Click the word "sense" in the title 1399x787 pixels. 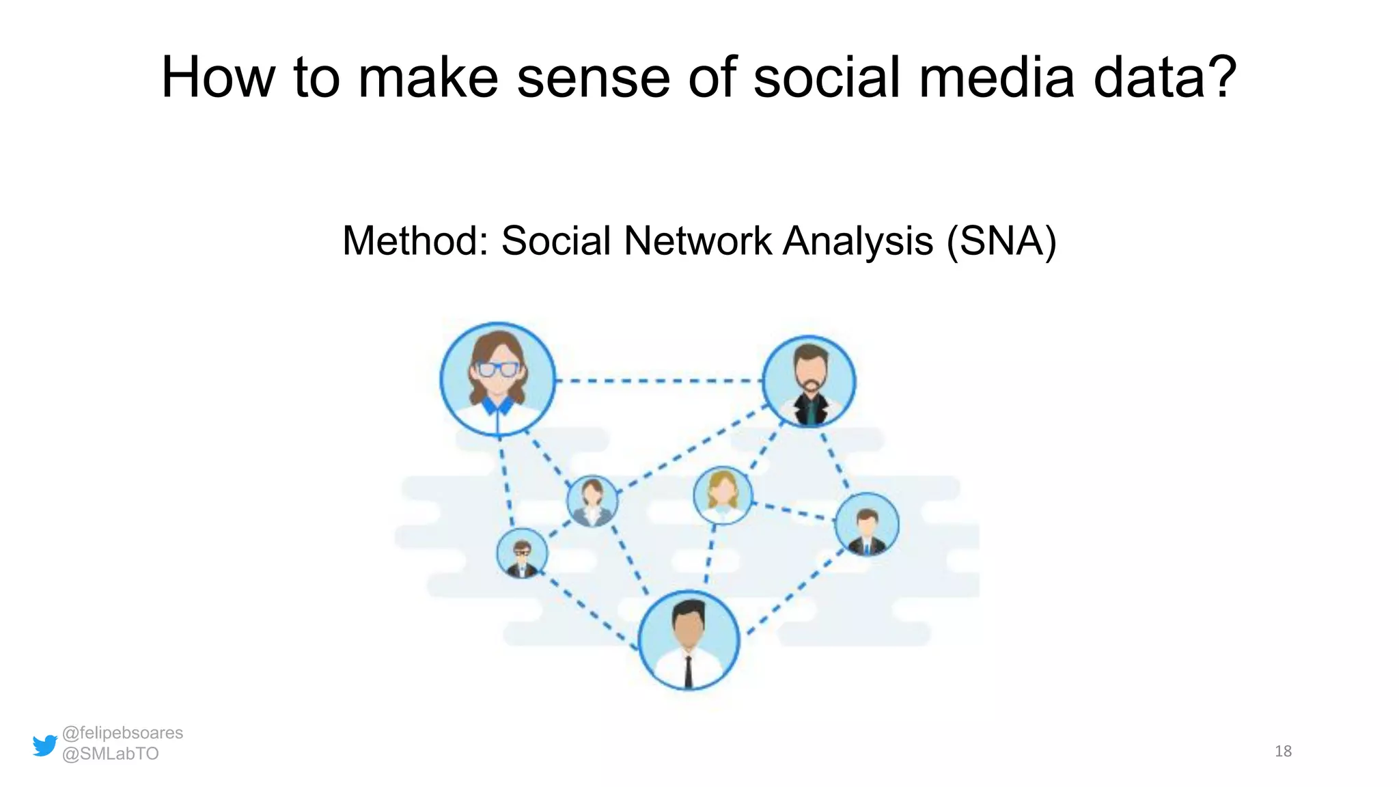(x=593, y=78)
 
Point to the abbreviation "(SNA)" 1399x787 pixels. (x=1001, y=241)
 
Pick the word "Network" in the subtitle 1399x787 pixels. (x=697, y=241)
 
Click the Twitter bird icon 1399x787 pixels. (x=45, y=745)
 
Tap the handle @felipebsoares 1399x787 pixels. (x=122, y=733)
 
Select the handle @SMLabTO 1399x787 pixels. (x=110, y=754)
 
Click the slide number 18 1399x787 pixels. (x=1283, y=751)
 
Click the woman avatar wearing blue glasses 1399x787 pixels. (x=498, y=379)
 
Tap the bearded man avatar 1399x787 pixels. (x=809, y=381)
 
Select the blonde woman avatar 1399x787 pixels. (x=723, y=495)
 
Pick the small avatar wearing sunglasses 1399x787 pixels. (x=522, y=553)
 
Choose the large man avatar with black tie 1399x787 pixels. (x=689, y=640)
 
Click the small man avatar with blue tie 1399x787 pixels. (x=867, y=524)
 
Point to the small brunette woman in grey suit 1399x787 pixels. (x=592, y=501)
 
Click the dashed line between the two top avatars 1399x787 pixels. (x=659, y=381)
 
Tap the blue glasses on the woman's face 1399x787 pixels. (x=498, y=370)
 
